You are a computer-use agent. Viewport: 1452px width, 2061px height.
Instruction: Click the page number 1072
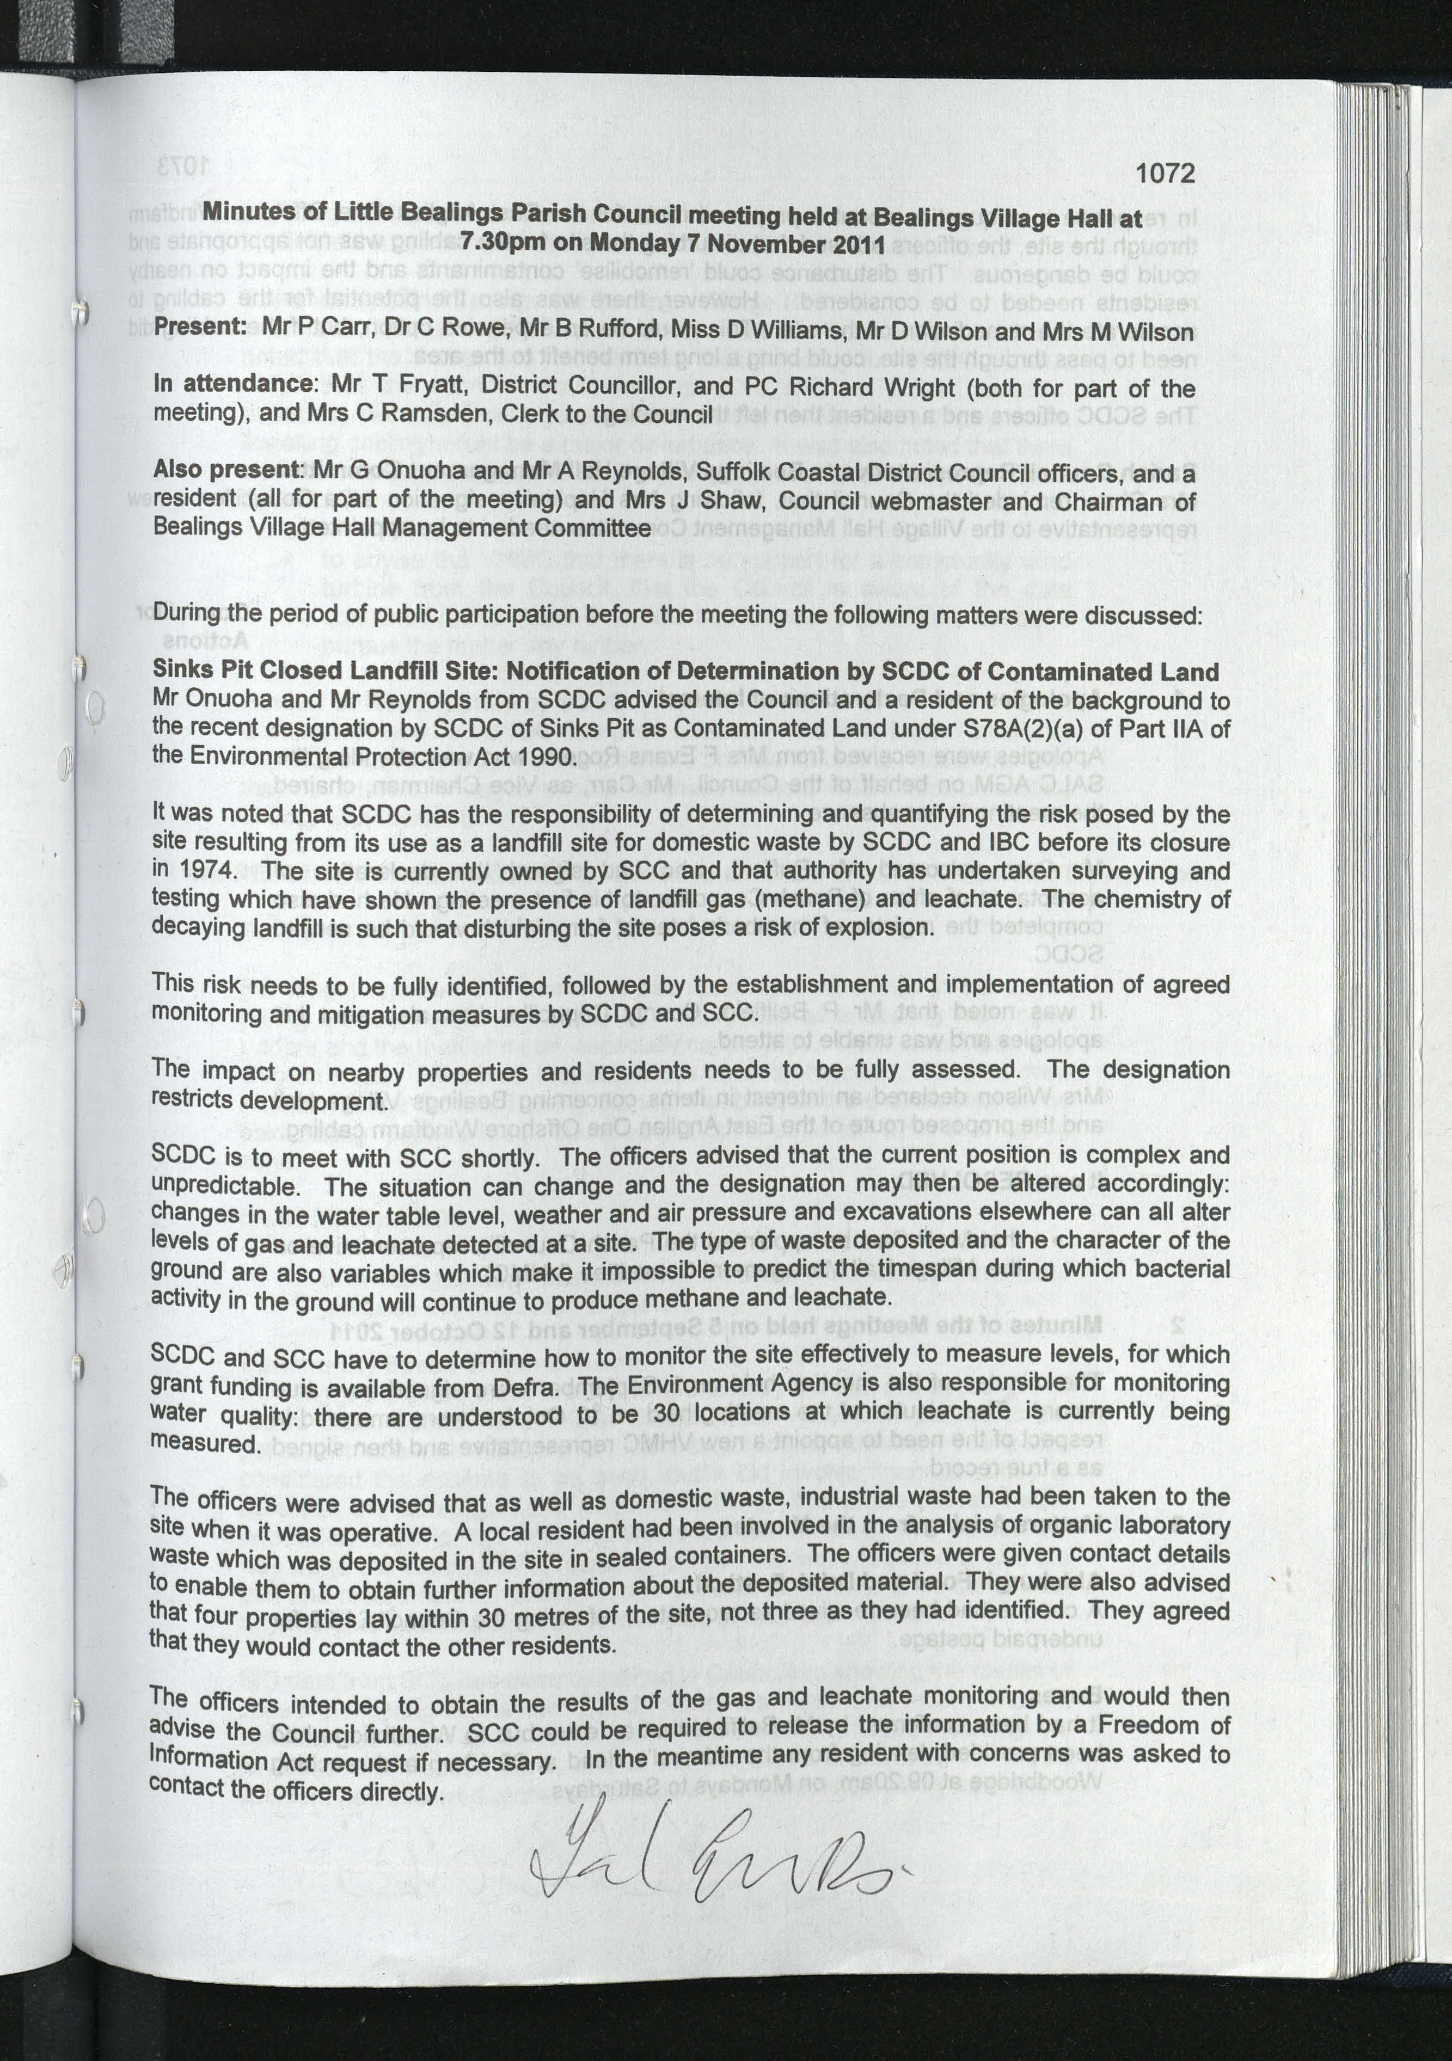pyautogui.click(x=1165, y=173)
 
